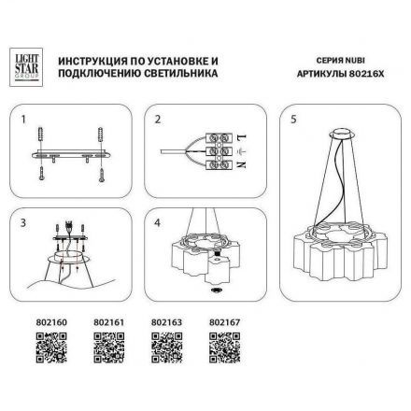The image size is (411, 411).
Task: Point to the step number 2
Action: tap(159, 120)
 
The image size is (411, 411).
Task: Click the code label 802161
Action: tap(109, 324)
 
